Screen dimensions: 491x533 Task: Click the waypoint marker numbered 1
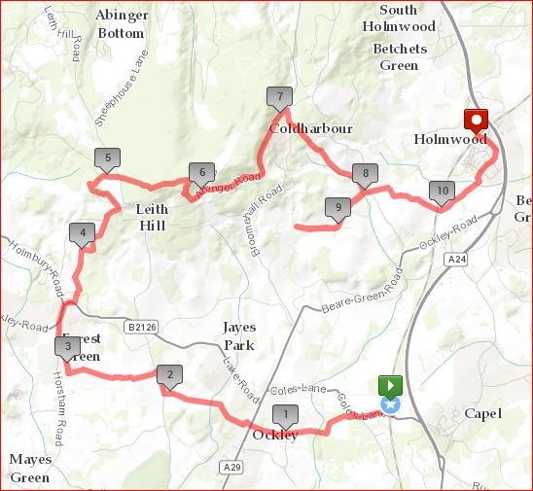pyautogui.click(x=285, y=415)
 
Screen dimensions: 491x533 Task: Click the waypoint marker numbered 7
pyautogui.click(x=279, y=97)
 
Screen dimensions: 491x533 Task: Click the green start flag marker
pyautogui.click(x=390, y=385)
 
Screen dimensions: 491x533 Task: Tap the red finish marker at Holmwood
pyautogui.click(x=477, y=122)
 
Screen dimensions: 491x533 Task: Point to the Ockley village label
pyautogui.click(x=275, y=435)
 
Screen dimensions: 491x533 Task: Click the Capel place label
pyautogui.click(x=483, y=414)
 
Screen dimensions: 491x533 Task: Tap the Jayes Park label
pyautogui.click(x=239, y=336)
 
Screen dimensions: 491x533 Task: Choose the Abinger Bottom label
pyautogui.click(x=121, y=23)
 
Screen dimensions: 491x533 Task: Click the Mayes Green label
pyautogui.click(x=30, y=468)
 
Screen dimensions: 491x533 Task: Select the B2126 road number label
pyautogui.click(x=141, y=329)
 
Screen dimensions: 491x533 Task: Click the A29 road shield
pyautogui.click(x=231, y=468)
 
